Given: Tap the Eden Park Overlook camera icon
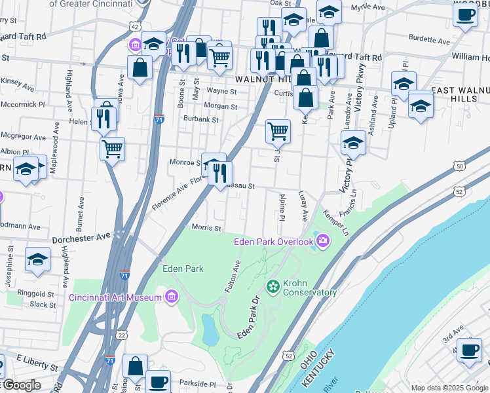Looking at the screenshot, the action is click(322, 242).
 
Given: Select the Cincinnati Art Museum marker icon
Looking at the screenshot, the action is click(172, 297).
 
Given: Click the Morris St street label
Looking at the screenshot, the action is click(206, 228).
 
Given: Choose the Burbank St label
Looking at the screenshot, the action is click(200, 120).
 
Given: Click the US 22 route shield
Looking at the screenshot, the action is click(122, 334).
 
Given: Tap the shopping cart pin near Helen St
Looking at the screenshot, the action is click(112, 149).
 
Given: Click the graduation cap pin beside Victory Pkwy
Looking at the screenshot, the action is click(353, 142).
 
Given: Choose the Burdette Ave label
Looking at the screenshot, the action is click(430, 41).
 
